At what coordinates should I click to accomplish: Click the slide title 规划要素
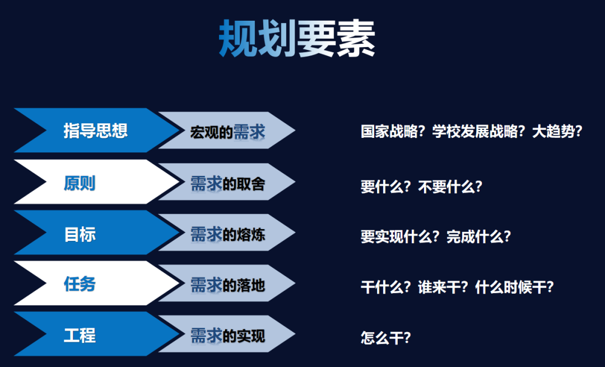tap(297, 39)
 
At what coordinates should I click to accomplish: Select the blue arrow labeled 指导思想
tap(96, 131)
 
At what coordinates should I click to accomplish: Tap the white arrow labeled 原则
tap(96, 182)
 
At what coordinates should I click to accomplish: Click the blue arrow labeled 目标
tap(96, 233)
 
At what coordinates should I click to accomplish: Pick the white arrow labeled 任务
tap(96, 284)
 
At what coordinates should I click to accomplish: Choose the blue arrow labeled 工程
tap(96, 334)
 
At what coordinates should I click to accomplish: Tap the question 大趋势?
tap(557, 132)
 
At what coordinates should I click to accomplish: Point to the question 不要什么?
tap(450, 187)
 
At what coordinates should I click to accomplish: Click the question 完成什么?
tap(479, 236)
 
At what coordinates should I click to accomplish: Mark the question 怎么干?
tap(386, 338)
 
